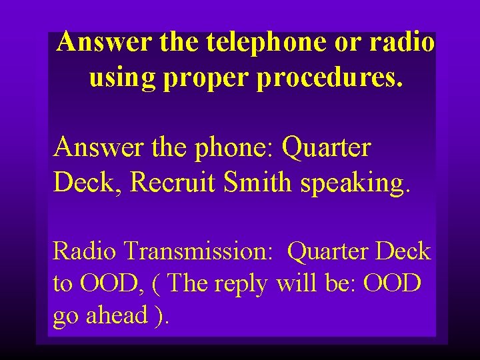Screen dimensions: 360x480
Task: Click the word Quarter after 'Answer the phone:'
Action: pos(326,147)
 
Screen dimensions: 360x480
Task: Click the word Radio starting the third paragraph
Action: pos(85,251)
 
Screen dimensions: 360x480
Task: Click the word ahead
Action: pos(116,315)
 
